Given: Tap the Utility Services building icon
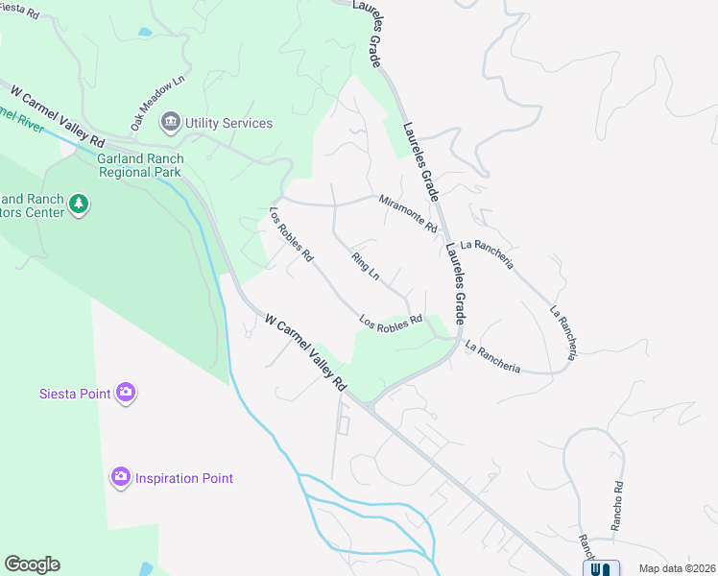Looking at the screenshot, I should (x=171, y=122).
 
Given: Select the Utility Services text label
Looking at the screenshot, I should (x=228, y=123).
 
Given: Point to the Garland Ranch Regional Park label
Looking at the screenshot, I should (x=139, y=165).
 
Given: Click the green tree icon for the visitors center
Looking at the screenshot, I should (x=79, y=204).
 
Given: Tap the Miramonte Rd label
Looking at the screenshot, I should (x=408, y=214).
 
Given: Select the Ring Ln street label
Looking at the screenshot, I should (x=366, y=266).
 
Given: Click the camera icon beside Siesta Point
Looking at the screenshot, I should (x=126, y=392).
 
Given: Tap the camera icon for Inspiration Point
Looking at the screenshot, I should (x=120, y=477).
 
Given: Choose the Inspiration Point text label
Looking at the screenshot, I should (x=183, y=478).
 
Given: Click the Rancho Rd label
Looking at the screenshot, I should (x=617, y=506).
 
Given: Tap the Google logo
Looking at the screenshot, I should (x=32, y=564).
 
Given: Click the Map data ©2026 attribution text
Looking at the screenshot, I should (x=677, y=568).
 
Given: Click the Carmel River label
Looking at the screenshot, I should (x=21, y=121).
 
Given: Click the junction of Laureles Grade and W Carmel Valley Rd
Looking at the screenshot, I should (x=370, y=402).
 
